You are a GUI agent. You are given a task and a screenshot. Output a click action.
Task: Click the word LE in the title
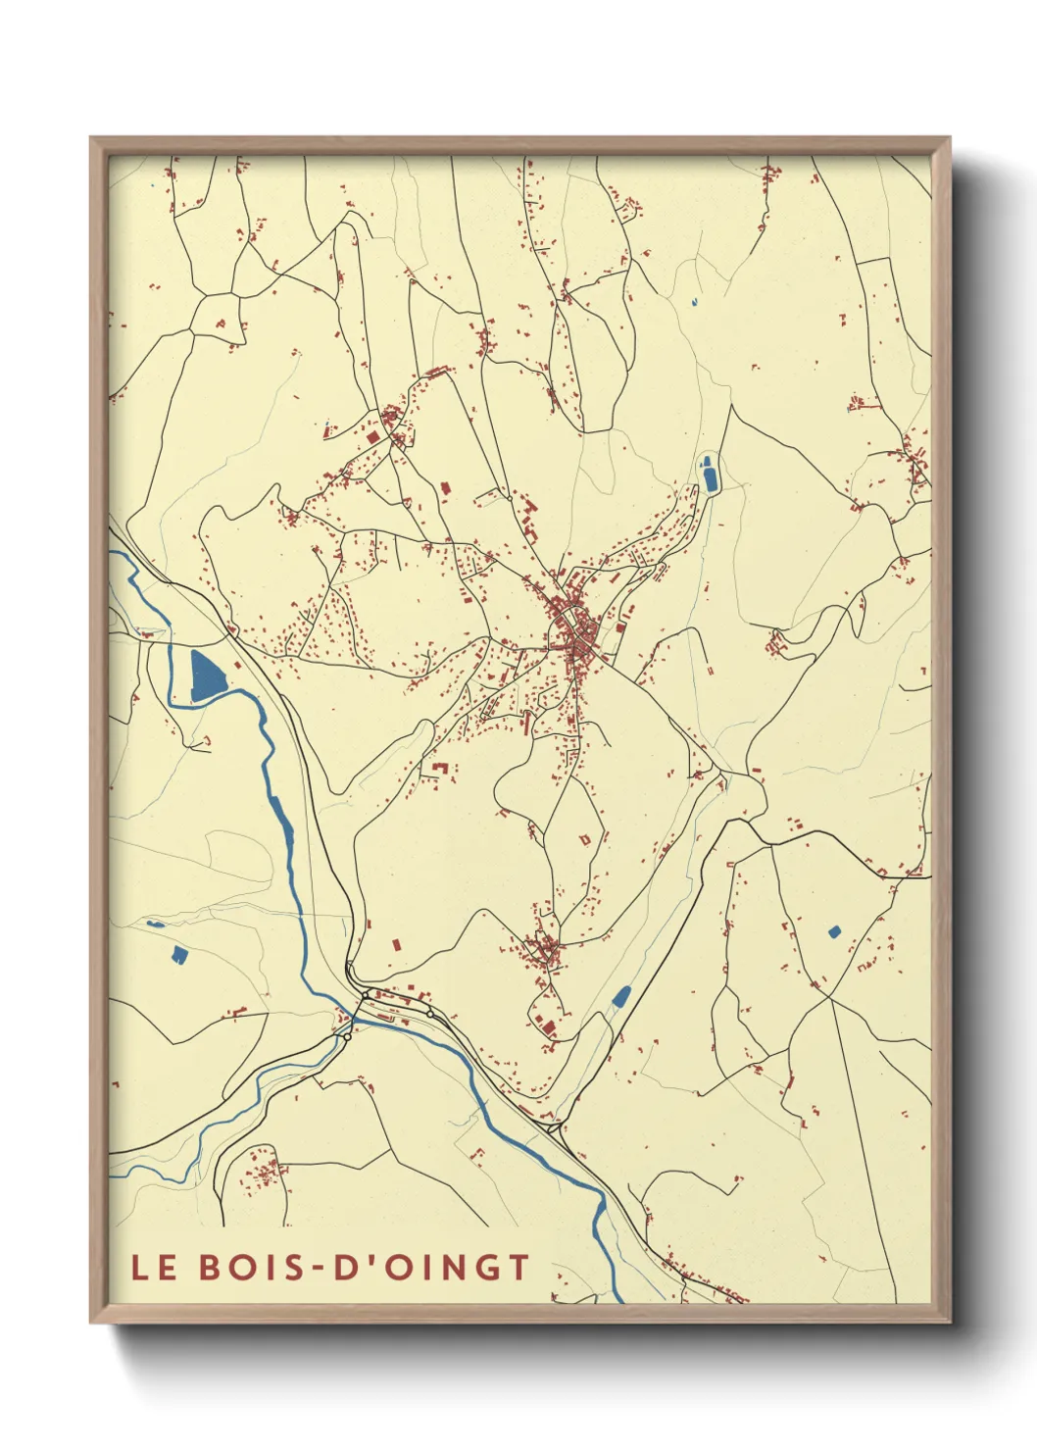(154, 1267)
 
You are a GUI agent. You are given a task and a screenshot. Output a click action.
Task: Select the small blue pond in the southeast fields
(834, 931)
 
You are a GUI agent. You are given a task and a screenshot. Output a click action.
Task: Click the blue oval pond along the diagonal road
(620, 997)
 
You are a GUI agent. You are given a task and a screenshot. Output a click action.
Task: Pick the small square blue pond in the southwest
(178, 954)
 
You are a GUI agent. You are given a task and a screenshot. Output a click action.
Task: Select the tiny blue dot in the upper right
(694, 302)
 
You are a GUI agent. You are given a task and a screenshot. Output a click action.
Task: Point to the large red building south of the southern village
(548, 1027)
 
